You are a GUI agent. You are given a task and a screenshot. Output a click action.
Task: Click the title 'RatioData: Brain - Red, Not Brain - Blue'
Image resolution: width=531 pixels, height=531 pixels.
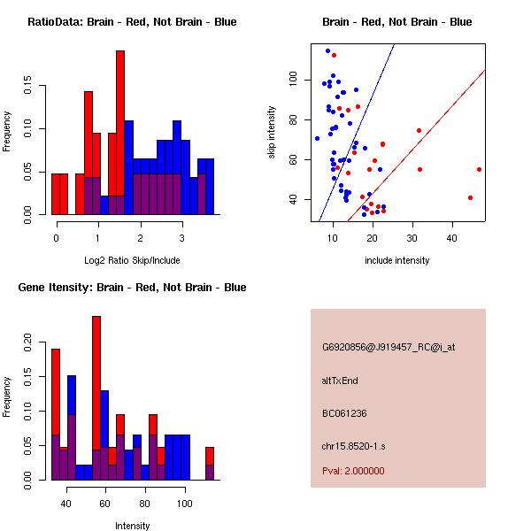click(132, 22)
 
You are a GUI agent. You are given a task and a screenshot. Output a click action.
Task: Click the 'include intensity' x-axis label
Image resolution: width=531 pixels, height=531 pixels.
click(396, 260)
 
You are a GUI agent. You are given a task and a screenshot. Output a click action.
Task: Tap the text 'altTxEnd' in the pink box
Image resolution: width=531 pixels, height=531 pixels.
click(340, 381)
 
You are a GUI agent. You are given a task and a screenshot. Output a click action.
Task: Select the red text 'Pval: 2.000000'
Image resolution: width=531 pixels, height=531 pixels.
click(353, 471)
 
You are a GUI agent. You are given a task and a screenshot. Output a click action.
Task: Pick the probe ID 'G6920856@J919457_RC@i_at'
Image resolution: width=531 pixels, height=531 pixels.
click(389, 348)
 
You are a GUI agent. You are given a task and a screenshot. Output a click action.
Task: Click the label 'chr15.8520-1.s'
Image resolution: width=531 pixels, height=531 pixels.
click(354, 446)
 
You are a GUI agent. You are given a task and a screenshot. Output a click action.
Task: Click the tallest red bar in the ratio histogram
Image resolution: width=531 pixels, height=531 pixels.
click(120, 133)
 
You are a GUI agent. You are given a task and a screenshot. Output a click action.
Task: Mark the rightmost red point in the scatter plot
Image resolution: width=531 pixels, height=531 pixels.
click(479, 169)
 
